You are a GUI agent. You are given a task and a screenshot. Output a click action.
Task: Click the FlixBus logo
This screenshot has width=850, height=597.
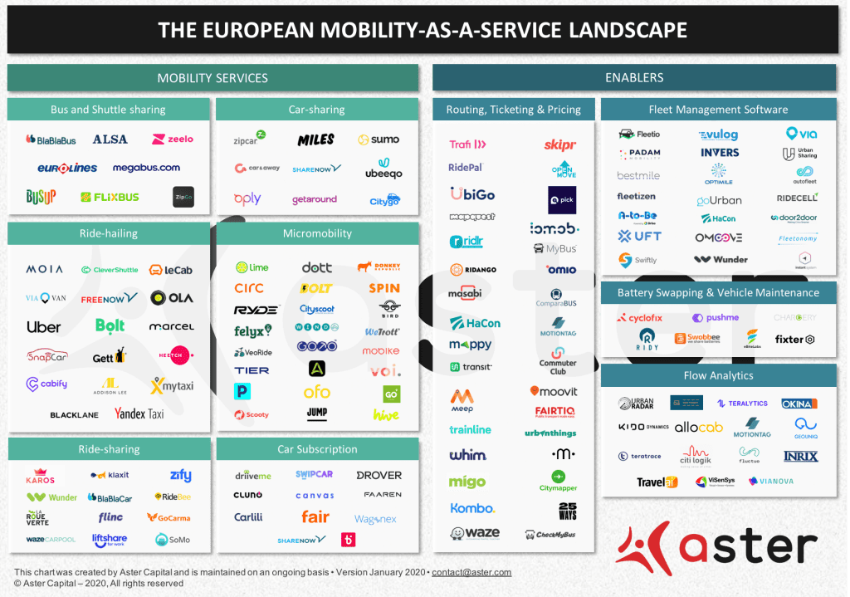click(110, 197)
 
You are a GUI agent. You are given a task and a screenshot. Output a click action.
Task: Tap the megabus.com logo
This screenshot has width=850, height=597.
click(146, 168)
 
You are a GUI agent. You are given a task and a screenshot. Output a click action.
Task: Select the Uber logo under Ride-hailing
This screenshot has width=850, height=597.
click(43, 327)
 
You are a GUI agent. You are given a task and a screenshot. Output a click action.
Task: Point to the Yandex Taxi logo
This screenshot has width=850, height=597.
click(139, 413)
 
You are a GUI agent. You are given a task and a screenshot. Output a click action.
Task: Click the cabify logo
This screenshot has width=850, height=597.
click(46, 384)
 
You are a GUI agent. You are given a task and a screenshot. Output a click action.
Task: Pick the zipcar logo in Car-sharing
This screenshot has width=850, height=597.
click(249, 139)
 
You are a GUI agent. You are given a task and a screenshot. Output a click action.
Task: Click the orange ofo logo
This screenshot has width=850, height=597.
click(316, 392)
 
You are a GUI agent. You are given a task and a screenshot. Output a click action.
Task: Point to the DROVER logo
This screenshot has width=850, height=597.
click(379, 476)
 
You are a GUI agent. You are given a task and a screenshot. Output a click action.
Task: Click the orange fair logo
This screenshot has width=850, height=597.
click(315, 516)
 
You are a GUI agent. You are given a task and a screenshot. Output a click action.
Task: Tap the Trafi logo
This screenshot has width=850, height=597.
click(467, 144)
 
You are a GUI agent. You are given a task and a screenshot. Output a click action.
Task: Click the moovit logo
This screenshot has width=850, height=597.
click(554, 391)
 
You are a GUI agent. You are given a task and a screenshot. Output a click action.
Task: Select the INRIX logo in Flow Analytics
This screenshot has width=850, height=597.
click(800, 457)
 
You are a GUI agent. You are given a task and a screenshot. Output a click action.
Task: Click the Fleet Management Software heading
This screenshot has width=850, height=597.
click(718, 110)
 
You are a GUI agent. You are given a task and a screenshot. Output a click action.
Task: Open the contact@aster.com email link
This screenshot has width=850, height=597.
click(471, 572)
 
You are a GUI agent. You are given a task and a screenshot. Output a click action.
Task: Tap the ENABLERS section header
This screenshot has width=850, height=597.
click(634, 77)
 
